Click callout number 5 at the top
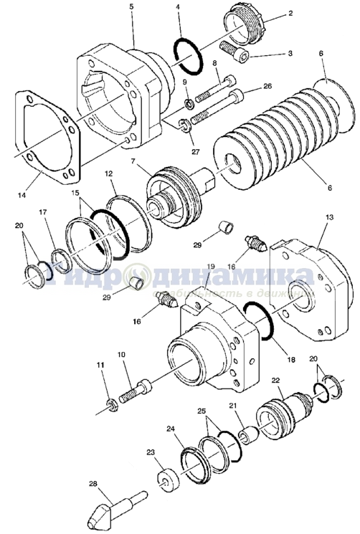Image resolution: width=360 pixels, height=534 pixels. point(131,6)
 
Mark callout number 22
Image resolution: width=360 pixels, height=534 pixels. point(275,380)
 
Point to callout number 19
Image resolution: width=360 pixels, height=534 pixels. point(210,267)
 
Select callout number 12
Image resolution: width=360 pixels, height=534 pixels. point(109,173)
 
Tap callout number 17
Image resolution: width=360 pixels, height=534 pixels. point(42,212)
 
